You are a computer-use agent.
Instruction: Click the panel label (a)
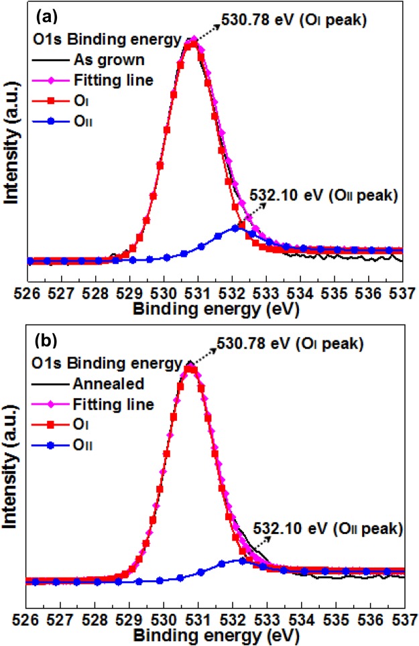coord(44,15)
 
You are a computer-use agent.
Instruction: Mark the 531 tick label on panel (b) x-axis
coord(199,616)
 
